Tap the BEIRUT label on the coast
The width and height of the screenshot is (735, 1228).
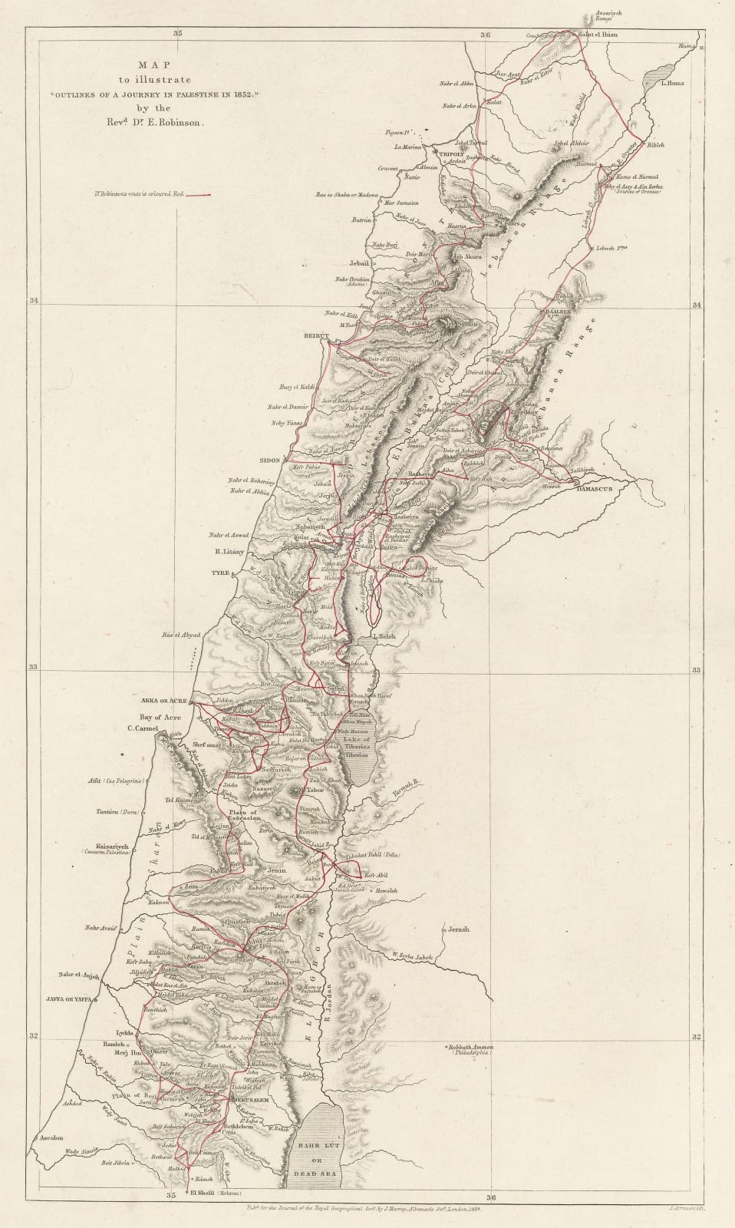click(x=316, y=336)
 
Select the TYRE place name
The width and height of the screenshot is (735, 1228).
click(x=221, y=573)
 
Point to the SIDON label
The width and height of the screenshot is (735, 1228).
click(x=270, y=460)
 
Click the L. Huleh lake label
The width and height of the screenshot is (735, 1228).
click(x=383, y=636)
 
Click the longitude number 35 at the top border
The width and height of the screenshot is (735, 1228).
click(x=177, y=33)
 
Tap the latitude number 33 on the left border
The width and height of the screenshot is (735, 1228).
click(x=34, y=666)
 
